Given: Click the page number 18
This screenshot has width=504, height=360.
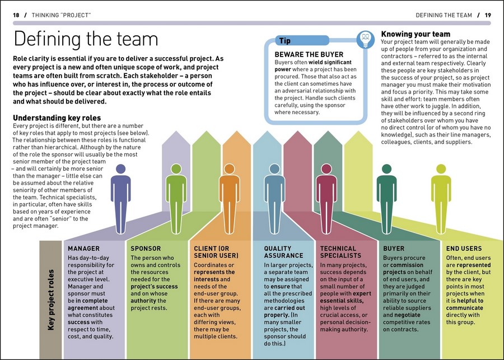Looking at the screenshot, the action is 16,15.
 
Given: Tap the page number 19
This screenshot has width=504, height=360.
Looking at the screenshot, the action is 488,15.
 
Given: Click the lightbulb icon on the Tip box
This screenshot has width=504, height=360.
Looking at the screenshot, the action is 365,40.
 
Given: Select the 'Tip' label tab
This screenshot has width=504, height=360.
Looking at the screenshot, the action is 302,40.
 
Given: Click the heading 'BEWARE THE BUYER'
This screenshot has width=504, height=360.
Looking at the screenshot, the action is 309,54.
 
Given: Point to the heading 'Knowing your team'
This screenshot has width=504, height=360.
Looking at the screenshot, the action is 416,34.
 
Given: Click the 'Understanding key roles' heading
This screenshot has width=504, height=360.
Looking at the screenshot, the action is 57,118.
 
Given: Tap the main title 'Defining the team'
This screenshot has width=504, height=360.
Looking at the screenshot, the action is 86,39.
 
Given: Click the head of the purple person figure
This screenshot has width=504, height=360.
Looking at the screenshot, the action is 120,169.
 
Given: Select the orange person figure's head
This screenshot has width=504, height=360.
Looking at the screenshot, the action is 229,169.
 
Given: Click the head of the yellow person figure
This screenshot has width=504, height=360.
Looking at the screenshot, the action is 441,169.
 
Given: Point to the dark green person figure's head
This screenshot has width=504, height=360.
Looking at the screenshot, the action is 386,169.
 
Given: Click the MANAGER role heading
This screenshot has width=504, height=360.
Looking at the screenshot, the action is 83,249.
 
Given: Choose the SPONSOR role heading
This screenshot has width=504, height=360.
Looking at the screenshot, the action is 146,249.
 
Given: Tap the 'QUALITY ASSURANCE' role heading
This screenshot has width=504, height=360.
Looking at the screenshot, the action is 283,252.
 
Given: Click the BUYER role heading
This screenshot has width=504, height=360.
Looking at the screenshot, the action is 394,249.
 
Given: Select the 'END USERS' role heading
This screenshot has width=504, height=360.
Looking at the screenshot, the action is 464,249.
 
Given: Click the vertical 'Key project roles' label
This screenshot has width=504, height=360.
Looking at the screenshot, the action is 51,300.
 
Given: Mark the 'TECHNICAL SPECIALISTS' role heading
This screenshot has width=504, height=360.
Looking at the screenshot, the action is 340,252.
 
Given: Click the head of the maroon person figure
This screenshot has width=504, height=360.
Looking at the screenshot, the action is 326,169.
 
